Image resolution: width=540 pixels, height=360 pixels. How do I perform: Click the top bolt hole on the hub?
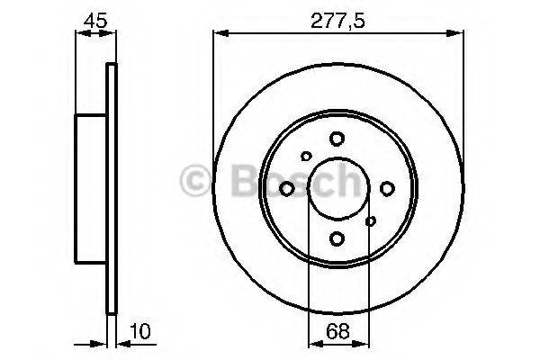[337, 139]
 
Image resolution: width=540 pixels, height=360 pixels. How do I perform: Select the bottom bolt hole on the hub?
[337, 238]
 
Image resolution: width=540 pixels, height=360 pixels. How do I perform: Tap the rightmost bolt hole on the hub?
[387, 188]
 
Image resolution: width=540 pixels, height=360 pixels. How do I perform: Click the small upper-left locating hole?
[306, 157]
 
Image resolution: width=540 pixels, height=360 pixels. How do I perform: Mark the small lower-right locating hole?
[370, 220]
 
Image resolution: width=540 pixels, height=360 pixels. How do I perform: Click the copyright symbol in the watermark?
[197, 181]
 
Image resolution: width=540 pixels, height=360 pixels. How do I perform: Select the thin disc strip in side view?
[112, 189]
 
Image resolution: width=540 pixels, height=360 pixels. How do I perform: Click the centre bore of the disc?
[337, 188]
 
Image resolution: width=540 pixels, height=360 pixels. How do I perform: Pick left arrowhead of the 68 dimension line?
[312, 343]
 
